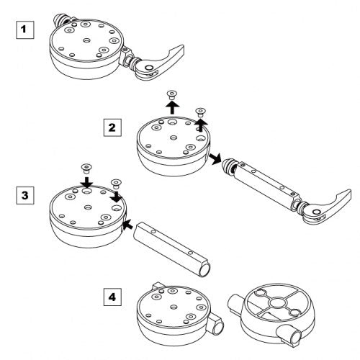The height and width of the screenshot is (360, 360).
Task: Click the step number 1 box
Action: tap(25, 30)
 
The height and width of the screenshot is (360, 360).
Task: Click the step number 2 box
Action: tap(112, 127)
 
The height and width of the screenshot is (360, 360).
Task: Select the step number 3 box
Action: tap(25, 196)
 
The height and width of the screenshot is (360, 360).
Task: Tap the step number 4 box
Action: tap(112, 297)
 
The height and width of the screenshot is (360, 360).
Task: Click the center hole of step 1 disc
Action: tap(86, 40)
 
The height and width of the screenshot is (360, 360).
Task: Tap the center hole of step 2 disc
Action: tap(174, 138)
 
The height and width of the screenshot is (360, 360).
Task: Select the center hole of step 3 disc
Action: tap(88, 207)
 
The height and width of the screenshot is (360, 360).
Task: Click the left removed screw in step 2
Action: tap(171, 94)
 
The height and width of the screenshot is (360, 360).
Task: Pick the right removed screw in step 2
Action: tap(199, 112)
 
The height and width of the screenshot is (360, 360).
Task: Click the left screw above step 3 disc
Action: tap(86, 168)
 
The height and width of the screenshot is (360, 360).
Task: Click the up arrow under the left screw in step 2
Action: tap(172, 107)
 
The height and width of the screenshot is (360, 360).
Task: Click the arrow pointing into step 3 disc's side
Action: tap(128, 224)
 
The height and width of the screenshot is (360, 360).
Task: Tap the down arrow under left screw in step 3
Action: tap(86, 182)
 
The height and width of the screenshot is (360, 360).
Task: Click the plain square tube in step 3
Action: tap(171, 249)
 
